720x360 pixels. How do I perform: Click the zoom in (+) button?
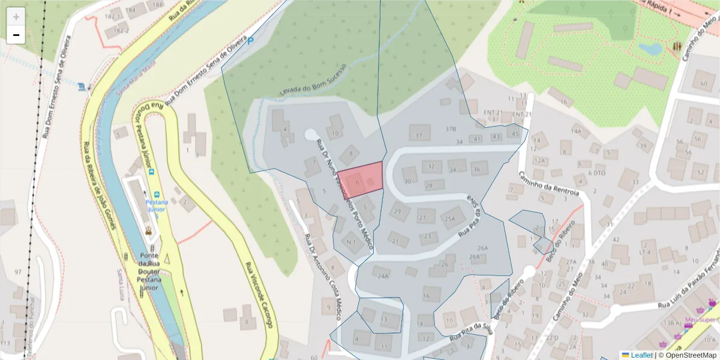[16, 16]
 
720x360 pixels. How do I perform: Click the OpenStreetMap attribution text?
[689, 355]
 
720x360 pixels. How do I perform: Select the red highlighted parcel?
[361, 179]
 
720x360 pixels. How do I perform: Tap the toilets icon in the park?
[677, 46]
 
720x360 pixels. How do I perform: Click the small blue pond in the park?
[650, 48]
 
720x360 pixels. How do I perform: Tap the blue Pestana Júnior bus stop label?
[156, 205]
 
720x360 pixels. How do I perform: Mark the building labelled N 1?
[352, 242]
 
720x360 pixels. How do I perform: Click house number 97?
[18, 272]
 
